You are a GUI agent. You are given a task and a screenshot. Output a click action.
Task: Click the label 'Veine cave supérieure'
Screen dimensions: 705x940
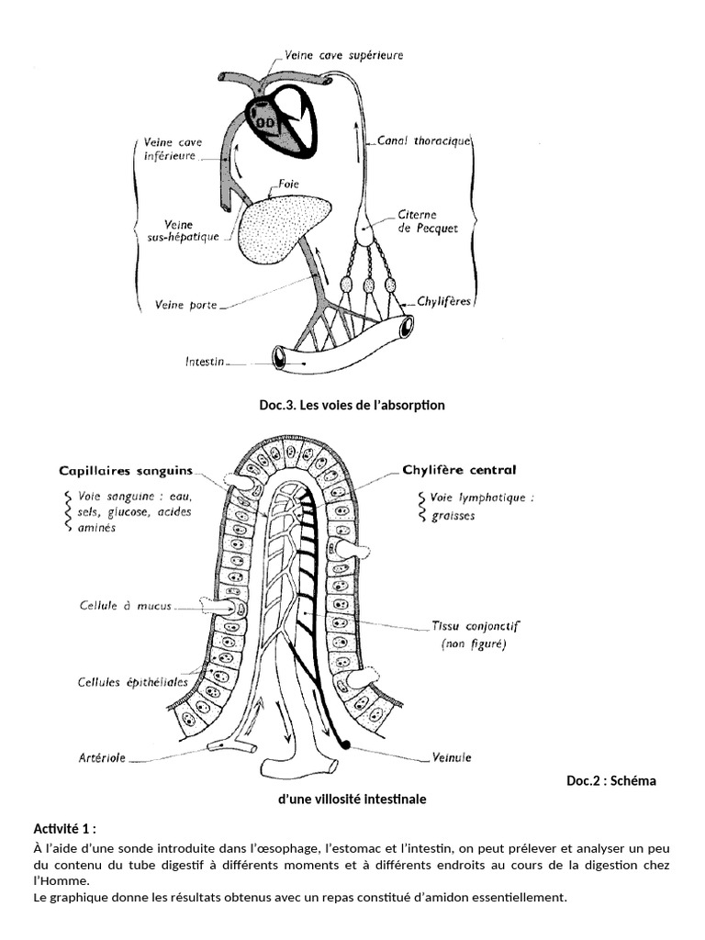point(343,56)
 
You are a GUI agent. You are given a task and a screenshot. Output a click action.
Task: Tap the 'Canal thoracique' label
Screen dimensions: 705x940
point(424,141)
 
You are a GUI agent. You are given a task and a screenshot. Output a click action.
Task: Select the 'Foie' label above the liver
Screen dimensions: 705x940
point(287,184)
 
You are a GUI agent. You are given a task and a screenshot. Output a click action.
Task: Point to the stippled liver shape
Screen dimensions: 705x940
point(282,228)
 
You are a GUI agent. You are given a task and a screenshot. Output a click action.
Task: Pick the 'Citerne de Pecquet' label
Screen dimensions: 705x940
point(428,221)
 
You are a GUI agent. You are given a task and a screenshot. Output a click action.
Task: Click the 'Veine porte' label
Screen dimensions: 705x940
point(185,305)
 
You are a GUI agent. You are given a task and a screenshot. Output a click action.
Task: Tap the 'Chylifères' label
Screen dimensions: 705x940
point(443,301)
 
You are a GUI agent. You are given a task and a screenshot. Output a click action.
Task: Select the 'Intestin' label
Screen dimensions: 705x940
point(205,362)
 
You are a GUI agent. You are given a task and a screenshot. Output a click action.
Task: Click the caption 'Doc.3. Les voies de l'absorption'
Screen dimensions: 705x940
point(352,405)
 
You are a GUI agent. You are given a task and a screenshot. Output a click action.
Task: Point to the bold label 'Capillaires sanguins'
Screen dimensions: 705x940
point(126,471)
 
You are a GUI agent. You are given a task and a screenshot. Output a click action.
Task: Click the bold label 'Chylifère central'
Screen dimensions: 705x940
point(459,470)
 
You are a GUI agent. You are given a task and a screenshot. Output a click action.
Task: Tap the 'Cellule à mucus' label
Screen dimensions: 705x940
point(125,606)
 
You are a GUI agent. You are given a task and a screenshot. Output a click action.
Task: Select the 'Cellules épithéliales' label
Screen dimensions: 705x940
point(132,682)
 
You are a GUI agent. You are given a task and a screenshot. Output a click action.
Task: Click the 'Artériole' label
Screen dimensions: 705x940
point(102,757)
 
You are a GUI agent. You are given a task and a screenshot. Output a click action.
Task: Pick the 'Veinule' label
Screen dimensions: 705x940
point(452,757)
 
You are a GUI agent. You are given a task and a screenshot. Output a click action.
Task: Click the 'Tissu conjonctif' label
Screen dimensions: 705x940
point(476,626)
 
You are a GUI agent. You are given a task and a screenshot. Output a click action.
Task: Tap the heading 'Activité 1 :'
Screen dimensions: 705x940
point(65,829)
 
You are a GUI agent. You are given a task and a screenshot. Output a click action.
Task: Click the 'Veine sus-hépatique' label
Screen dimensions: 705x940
point(184,230)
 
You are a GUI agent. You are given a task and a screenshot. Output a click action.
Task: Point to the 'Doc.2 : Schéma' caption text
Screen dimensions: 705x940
point(611,780)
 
